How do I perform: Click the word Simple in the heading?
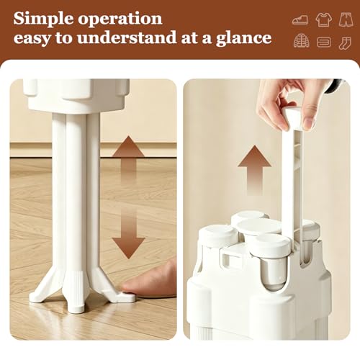pyautogui.click(x=43, y=19)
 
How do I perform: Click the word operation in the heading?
pyautogui.click(x=120, y=19)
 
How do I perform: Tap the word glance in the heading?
pyautogui.click(x=244, y=38)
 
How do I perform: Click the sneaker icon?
pyautogui.click(x=300, y=20)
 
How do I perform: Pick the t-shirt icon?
pyautogui.click(x=324, y=19)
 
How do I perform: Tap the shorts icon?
pyautogui.click(x=346, y=19)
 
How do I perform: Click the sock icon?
pyautogui.click(x=345, y=43)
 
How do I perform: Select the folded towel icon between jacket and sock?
pyautogui.click(x=324, y=42)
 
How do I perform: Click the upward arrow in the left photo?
pyautogui.click(x=128, y=158)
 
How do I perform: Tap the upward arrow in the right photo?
pyautogui.click(x=254, y=170)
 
